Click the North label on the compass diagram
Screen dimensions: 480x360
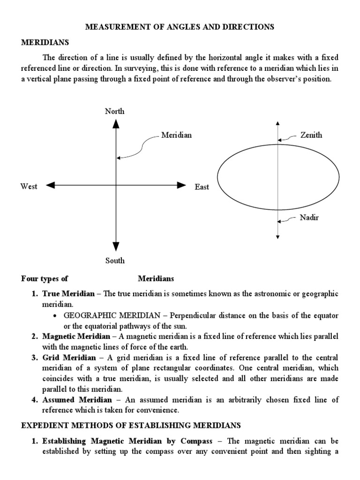115,111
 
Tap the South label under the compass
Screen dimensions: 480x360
115,261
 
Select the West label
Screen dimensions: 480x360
29,186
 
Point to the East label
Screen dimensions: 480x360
202,187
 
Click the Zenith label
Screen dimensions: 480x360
311,135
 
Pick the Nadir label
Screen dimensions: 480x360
309,218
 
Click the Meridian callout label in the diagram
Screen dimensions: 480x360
177,135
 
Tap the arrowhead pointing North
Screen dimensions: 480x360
115,124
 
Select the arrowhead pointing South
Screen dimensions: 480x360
115,247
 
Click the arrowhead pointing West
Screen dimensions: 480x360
51,186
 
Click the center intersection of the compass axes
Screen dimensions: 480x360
115,186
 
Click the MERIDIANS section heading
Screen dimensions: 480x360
45,42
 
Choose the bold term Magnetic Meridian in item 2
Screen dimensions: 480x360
76,337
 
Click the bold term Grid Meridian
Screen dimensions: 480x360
68,358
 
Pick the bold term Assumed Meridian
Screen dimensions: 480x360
77,400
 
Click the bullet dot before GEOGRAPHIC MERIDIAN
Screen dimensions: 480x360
56,315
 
